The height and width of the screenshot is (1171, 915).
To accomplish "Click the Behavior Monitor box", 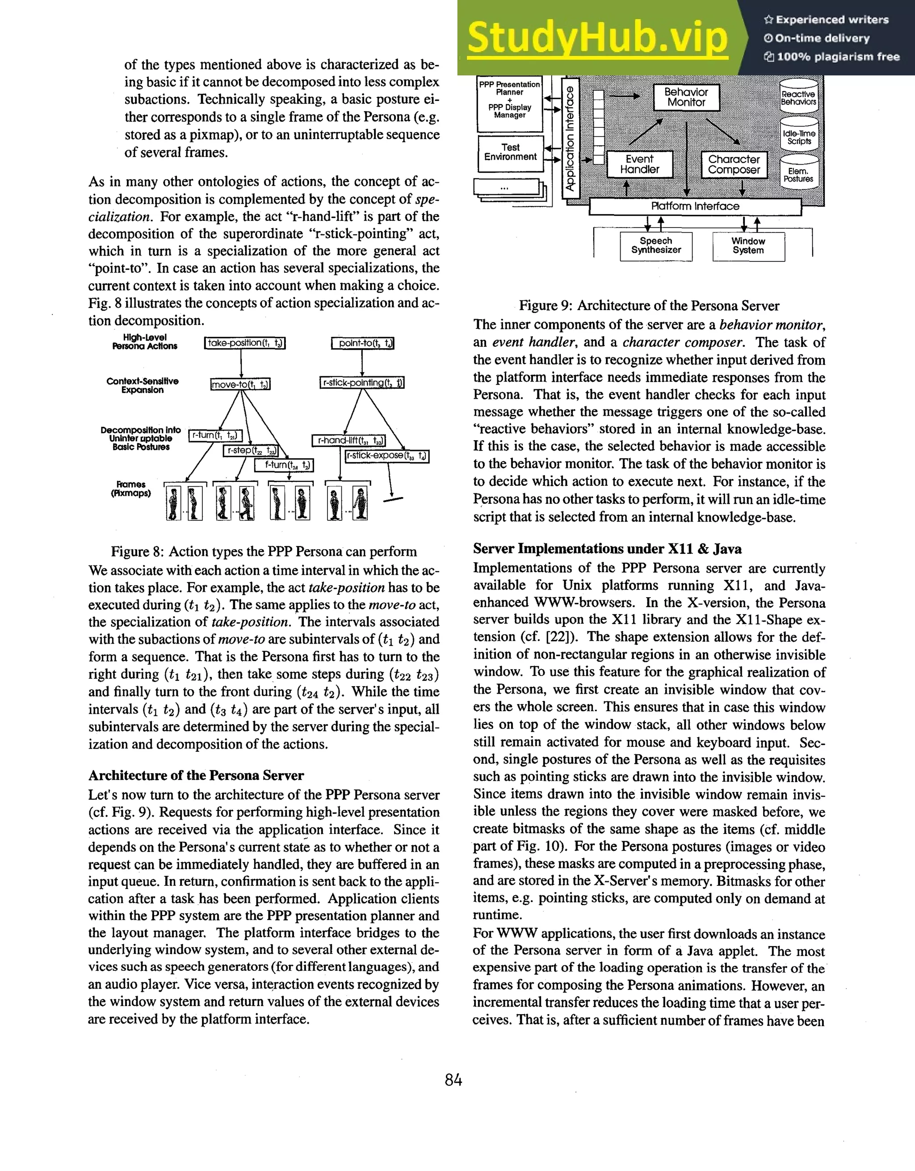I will point(686,97).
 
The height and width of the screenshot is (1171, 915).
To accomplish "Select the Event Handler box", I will point(639,164).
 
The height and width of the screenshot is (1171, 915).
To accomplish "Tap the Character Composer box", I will point(734,164).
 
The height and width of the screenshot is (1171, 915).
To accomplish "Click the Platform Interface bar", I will point(695,206).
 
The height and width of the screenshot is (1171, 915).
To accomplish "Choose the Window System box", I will point(748,245).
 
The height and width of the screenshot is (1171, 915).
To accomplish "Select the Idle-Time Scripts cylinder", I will point(799,137).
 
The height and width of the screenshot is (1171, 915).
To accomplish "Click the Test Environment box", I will point(510,152).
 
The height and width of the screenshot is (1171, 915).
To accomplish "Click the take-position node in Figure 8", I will point(244,343).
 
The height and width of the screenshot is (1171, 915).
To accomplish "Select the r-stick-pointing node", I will point(362,382).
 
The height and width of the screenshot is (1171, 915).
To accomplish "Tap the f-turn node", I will point(284,465).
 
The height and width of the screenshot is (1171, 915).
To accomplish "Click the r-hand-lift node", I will point(348,441).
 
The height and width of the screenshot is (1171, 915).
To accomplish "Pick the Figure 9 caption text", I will point(649,306).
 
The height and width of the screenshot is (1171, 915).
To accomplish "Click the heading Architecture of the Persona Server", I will point(196,776).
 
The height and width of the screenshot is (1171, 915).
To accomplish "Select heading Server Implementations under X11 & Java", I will point(607,549).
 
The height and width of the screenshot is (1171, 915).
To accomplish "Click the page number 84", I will point(453,1080).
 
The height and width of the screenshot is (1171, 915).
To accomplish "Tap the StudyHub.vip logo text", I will point(597,38).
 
